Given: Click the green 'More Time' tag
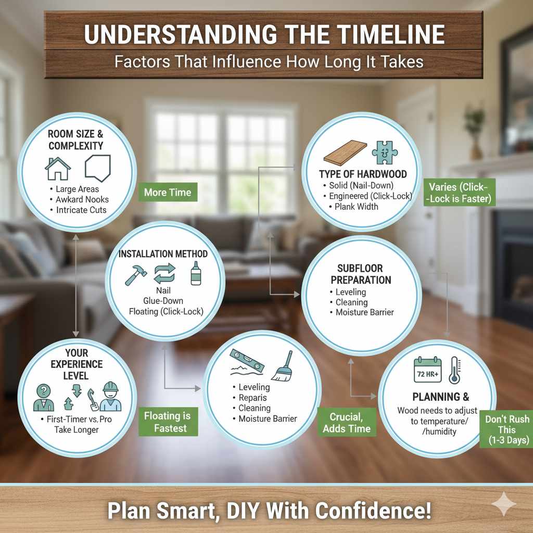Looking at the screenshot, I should [x=168, y=193].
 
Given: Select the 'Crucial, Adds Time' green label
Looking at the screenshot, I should [x=347, y=422].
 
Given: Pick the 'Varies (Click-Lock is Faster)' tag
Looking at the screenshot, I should [x=459, y=193].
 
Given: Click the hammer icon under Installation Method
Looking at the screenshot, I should [x=136, y=275].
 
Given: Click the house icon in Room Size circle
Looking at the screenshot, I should [x=58, y=169].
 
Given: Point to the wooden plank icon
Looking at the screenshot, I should [x=344, y=153].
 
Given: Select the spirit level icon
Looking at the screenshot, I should [x=248, y=360].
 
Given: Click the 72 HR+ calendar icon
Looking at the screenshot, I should [x=427, y=370].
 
